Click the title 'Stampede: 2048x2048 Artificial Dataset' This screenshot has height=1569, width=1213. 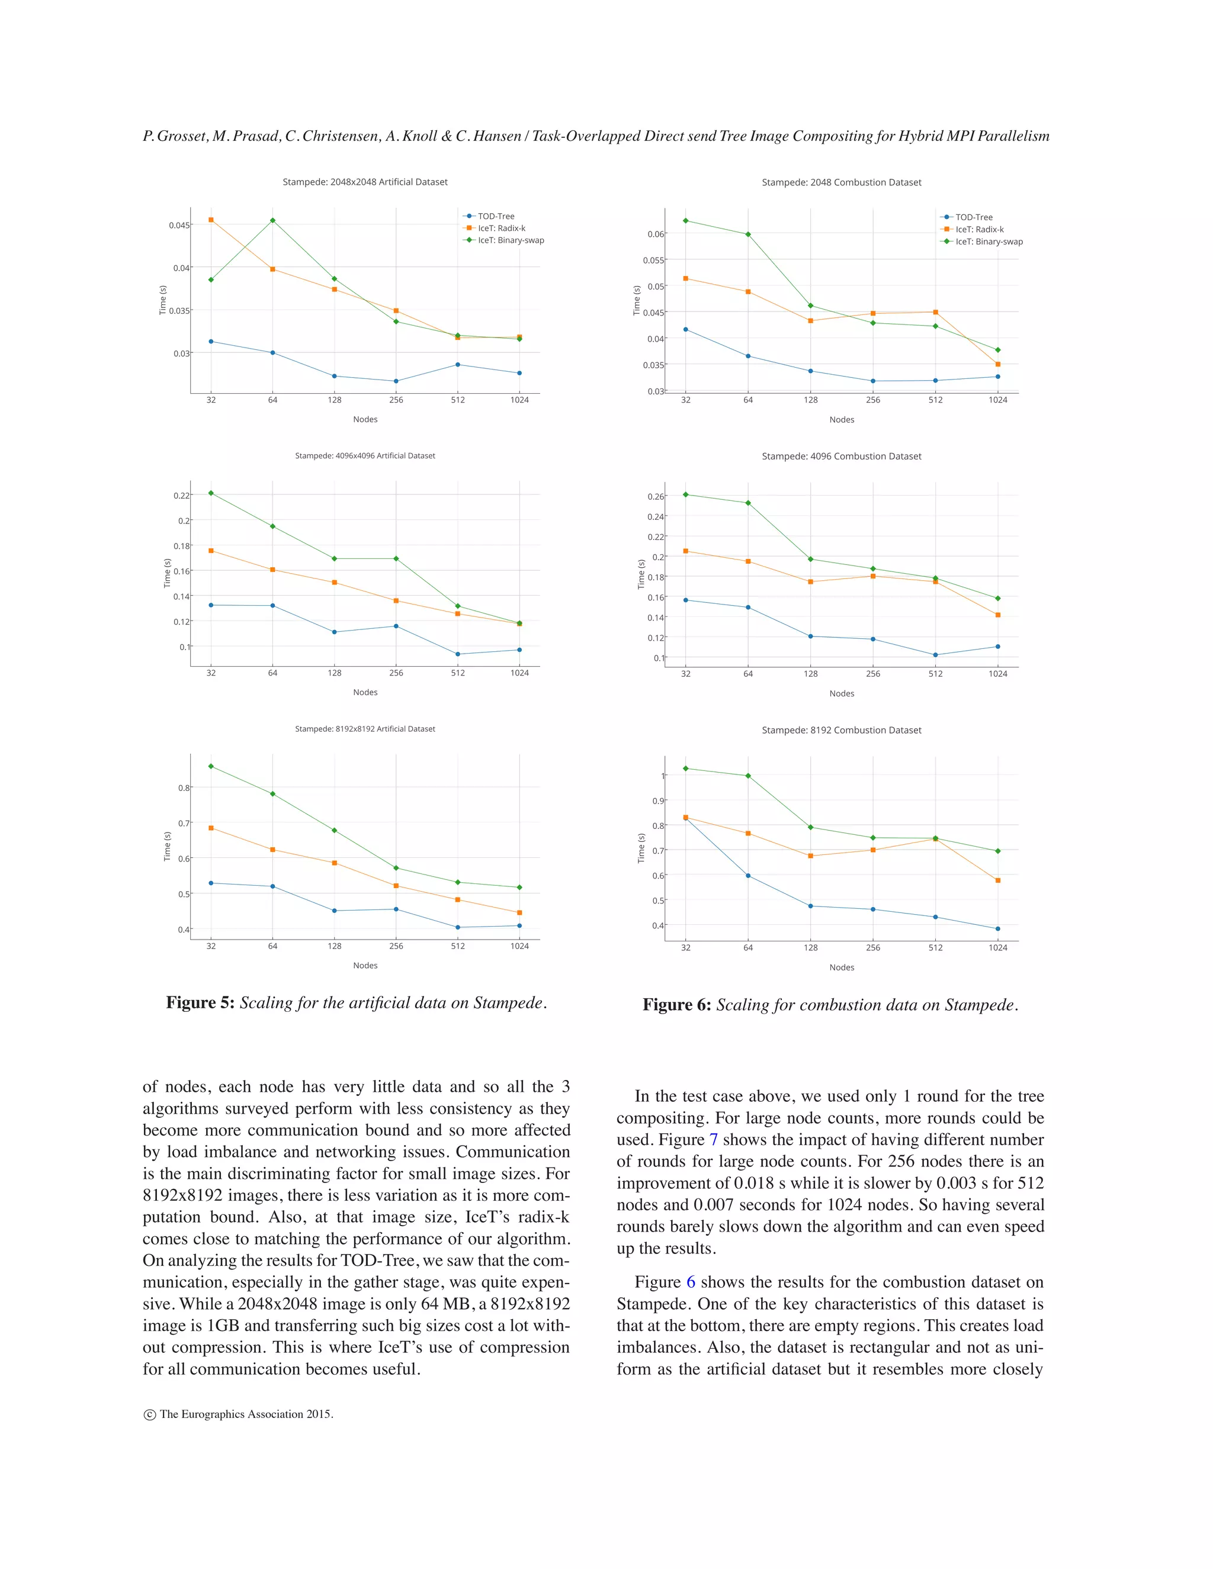[x=364, y=182]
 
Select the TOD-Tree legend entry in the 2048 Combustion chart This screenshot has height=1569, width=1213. [x=973, y=217]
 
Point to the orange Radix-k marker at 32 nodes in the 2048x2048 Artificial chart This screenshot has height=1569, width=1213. [x=210, y=220]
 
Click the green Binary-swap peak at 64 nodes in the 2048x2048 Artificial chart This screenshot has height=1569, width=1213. [x=272, y=221]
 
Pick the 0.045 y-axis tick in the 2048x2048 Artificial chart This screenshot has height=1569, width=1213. [x=179, y=225]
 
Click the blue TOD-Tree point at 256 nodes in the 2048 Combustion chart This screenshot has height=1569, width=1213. [x=873, y=381]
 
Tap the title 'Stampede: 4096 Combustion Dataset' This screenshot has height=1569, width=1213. [x=841, y=456]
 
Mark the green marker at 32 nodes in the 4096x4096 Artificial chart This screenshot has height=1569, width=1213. [x=210, y=493]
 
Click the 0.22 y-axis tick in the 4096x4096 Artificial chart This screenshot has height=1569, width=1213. [x=181, y=496]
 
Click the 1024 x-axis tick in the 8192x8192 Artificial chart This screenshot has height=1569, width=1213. [x=519, y=946]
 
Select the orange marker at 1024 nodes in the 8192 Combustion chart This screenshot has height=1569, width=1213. [x=997, y=880]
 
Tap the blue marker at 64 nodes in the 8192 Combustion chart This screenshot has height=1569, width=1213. [x=748, y=876]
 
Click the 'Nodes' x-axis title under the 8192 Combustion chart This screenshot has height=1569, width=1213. [x=842, y=967]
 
